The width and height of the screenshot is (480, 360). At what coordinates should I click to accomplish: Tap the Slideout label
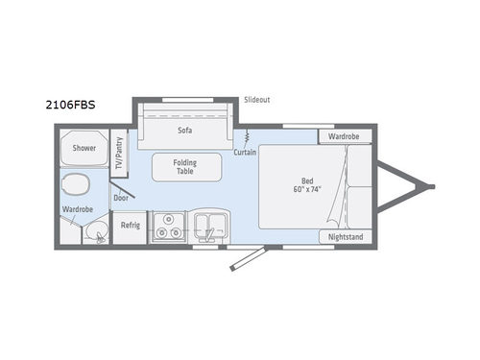pos(256,99)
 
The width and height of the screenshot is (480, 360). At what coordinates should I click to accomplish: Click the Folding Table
pos(184,168)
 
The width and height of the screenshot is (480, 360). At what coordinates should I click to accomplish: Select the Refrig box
pos(131,227)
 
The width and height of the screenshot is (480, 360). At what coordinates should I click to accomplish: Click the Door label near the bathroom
pos(121,198)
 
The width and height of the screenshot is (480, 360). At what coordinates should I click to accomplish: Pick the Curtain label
pos(245,154)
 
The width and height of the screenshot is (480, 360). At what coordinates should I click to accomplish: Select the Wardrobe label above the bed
pos(344,136)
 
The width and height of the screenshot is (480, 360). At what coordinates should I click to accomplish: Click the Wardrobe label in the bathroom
pos(77,208)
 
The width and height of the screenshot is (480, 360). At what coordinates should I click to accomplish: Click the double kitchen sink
pos(210,227)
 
